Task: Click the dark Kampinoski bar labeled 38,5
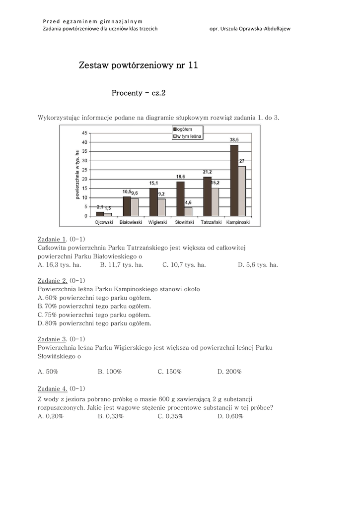click(234, 180)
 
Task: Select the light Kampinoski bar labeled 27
click(242, 191)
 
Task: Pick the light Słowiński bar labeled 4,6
click(188, 211)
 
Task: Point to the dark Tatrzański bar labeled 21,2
click(207, 196)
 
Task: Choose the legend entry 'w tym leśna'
click(187, 136)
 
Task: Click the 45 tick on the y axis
click(84, 133)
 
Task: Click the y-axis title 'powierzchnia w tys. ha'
click(77, 175)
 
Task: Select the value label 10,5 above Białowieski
click(127, 192)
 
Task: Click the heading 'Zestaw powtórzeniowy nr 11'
click(139, 65)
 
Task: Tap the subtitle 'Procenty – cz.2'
click(138, 93)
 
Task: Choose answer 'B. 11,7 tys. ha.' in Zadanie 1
click(122, 265)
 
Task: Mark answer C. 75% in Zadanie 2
click(94, 315)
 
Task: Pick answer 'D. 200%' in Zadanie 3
click(229, 372)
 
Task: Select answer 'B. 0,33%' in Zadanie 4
click(111, 416)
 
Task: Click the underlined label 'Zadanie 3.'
click(52, 339)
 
